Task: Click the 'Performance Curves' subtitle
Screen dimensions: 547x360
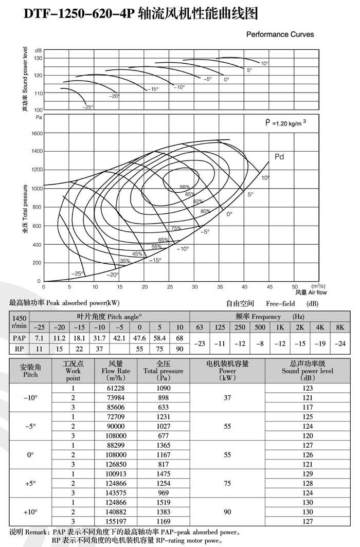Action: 280,34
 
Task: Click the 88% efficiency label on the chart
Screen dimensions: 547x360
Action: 184,187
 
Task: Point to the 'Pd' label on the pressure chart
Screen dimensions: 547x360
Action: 279,157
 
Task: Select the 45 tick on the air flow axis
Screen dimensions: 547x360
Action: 269,286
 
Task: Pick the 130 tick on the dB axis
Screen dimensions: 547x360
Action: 38,58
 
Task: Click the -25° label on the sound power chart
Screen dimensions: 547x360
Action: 88,107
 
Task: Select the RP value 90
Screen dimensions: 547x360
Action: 179,349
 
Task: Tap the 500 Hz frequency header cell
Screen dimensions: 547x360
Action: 260,327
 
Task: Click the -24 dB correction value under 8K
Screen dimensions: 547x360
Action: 340,343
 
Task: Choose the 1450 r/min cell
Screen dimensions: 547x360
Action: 19,322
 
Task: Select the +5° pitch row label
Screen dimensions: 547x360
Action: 30,483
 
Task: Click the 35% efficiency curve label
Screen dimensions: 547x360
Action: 125,261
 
